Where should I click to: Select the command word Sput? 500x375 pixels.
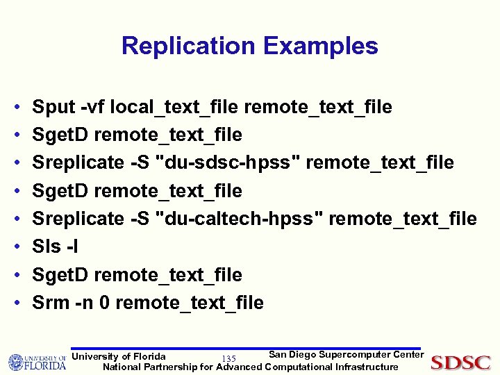[54, 107]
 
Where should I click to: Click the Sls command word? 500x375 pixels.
[47, 247]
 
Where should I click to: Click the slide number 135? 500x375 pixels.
[228, 358]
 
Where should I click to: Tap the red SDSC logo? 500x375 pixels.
[460, 362]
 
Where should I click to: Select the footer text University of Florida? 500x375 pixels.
[119, 356]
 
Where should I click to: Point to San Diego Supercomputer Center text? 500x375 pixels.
[346, 355]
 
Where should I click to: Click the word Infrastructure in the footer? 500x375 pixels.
[367, 367]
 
